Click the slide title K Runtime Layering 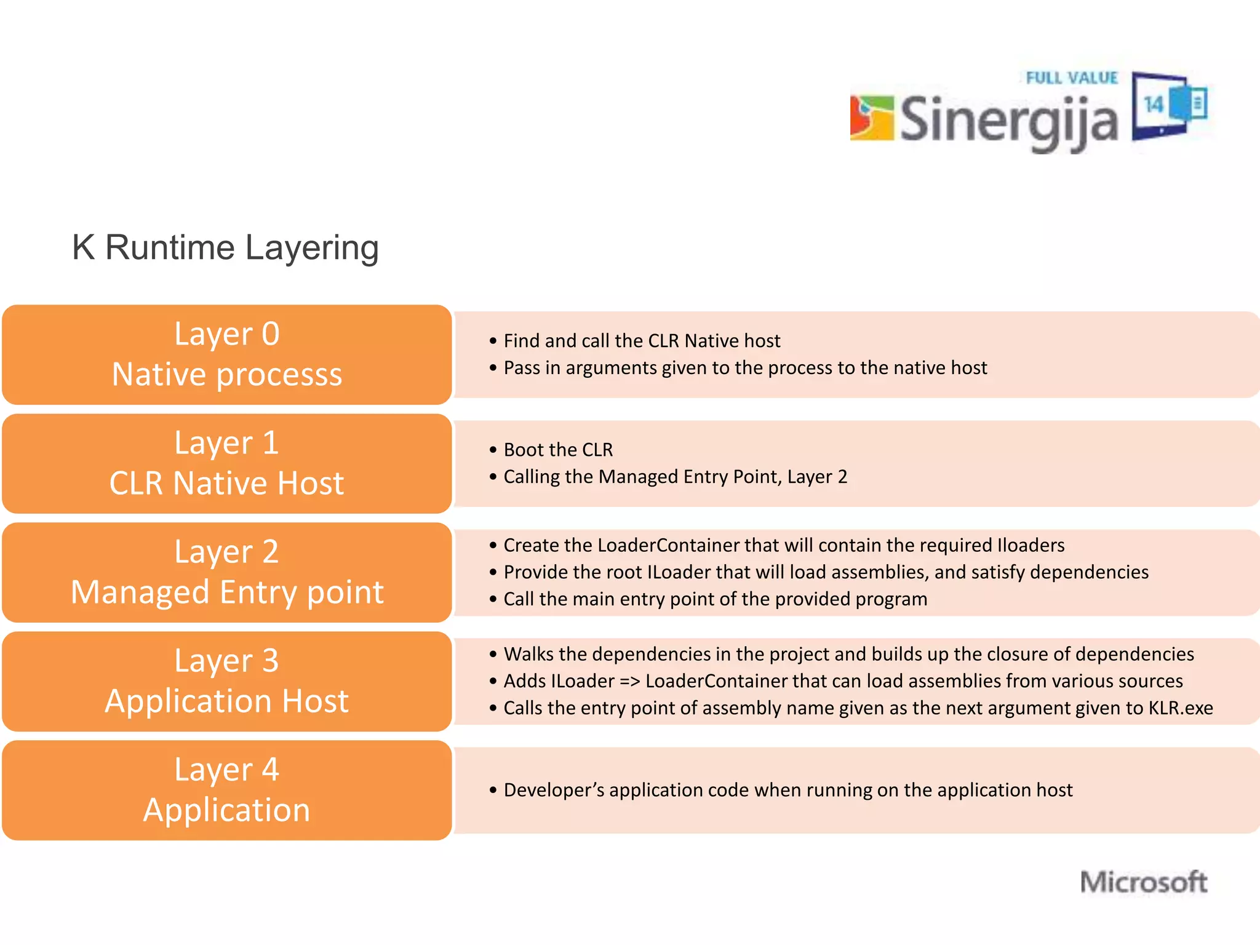click(225, 247)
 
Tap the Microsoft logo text click(1144, 882)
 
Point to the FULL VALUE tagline click(1072, 78)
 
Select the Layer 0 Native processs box click(226, 354)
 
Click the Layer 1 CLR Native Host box click(226, 463)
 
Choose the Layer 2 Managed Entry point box click(226, 572)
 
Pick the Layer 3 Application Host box click(226, 681)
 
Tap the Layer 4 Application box click(226, 790)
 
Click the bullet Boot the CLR click(558, 450)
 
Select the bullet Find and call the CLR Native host click(642, 341)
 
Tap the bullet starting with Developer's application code click(787, 790)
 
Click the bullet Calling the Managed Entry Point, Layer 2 click(675, 477)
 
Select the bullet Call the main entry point click(715, 599)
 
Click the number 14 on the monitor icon click(1154, 105)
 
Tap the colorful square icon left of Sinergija click(871, 118)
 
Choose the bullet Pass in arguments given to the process click(745, 368)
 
